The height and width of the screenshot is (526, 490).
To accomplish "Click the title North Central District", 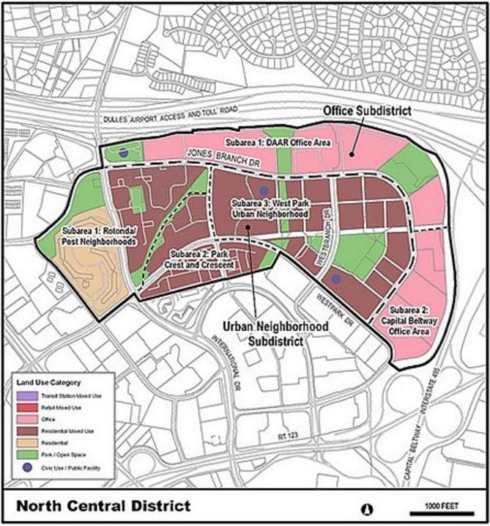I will click(103, 506).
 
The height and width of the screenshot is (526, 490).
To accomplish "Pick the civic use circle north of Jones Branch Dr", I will click(124, 153).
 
